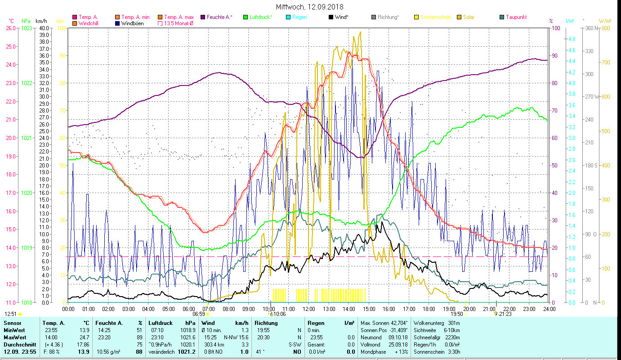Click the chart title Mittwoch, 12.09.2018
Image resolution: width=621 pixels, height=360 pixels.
[310, 7]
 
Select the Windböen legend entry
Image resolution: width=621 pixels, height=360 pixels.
[132, 23]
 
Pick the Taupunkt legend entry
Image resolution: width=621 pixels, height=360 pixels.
[516, 17]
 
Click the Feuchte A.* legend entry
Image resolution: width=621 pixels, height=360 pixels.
[219, 17]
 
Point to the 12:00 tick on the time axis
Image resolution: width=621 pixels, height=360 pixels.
[309, 309]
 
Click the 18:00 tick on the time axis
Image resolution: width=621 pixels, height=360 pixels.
[429, 309]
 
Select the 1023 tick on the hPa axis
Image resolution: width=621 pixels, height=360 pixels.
[27, 28]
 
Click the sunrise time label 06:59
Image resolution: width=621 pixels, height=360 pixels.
[199, 314]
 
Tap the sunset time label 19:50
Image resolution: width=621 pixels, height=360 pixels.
[457, 314]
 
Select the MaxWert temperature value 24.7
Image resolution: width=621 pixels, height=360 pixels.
[83, 337]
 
